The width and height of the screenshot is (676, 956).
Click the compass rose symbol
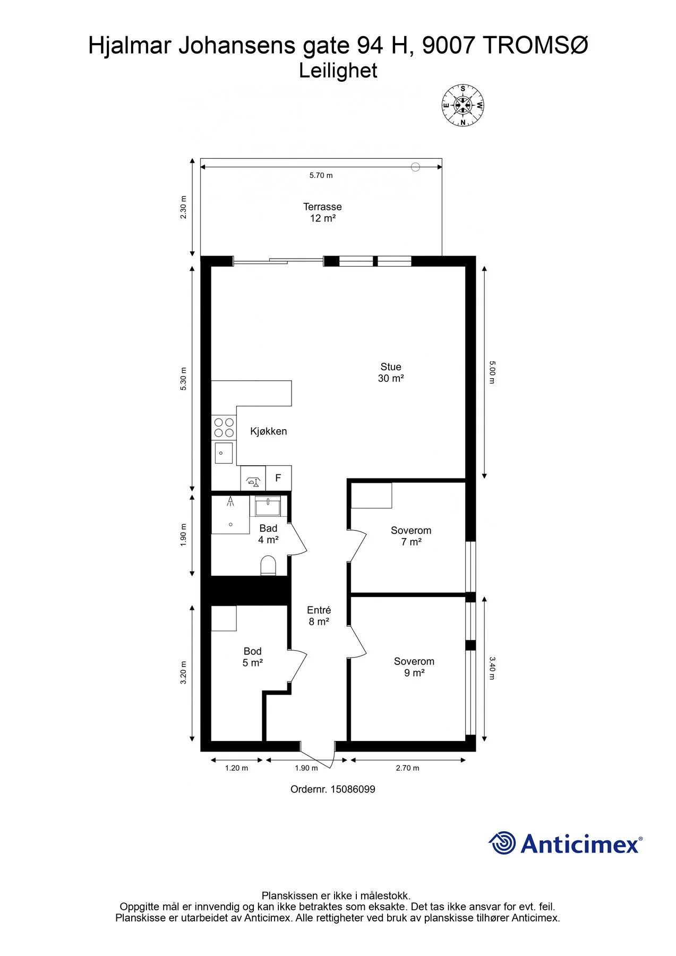pyautogui.click(x=463, y=105)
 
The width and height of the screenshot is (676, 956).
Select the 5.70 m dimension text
pyautogui.click(x=321, y=175)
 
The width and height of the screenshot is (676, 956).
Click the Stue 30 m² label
pyautogui.click(x=391, y=372)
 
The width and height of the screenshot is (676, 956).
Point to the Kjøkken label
pyautogui.click(x=268, y=431)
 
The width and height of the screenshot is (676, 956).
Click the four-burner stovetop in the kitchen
pyautogui.click(x=224, y=428)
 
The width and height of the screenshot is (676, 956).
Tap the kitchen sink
pyautogui.click(x=224, y=453)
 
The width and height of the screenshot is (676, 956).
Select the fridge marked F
pyautogui.click(x=278, y=478)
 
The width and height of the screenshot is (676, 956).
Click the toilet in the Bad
pyautogui.click(x=269, y=566)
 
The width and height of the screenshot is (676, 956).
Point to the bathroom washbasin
pyautogui.click(x=268, y=507)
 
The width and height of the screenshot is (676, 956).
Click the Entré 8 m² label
pyautogui.click(x=319, y=616)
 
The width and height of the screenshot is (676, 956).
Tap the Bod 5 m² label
pyautogui.click(x=253, y=657)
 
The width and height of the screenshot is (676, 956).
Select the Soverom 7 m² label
pyautogui.click(x=411, y=536)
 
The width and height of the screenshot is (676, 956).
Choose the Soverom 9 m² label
pyautogui.click(x=414, y=667)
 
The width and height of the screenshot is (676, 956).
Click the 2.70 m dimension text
pyautogui.click(x=407, y=768)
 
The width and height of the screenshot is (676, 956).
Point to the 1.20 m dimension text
pyautogui.click(x=236, y=768)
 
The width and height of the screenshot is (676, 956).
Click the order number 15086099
pyautogui.click(x=353, y=789)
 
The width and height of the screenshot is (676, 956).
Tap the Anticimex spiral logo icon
pyautogui.click(x=502, y=843)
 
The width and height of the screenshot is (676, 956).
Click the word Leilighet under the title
pyautogui.click(x=338, y=71)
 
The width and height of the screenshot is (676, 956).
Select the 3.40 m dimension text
pyautogui.click(x=492, y=668)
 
